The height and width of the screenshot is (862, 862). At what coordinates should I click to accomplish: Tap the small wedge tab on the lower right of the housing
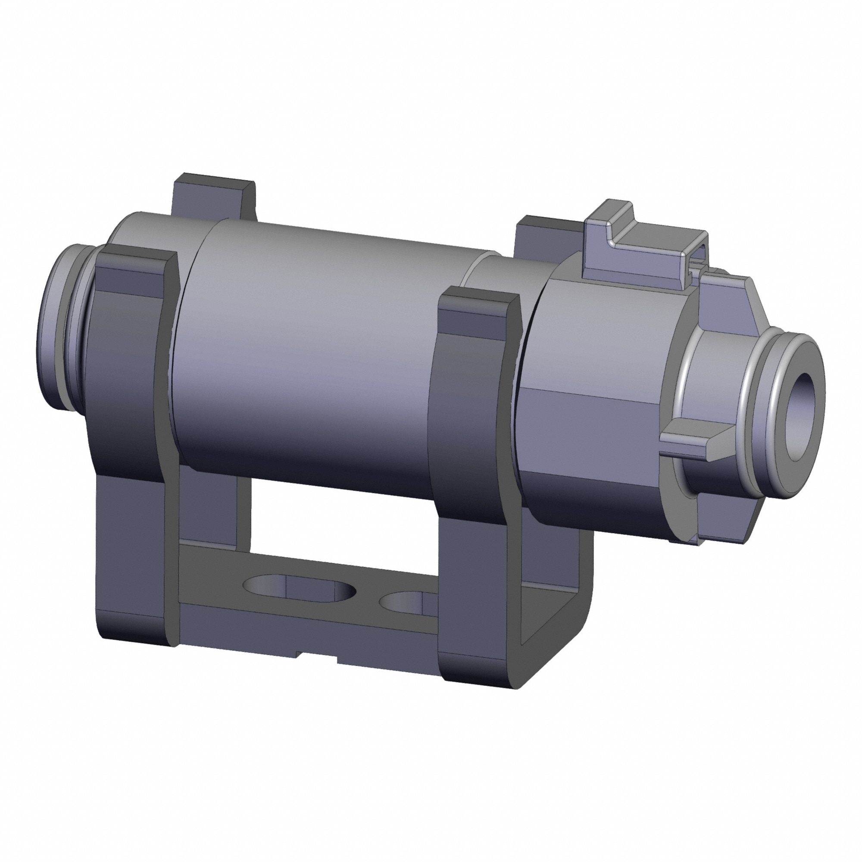[x=696, y=440]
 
